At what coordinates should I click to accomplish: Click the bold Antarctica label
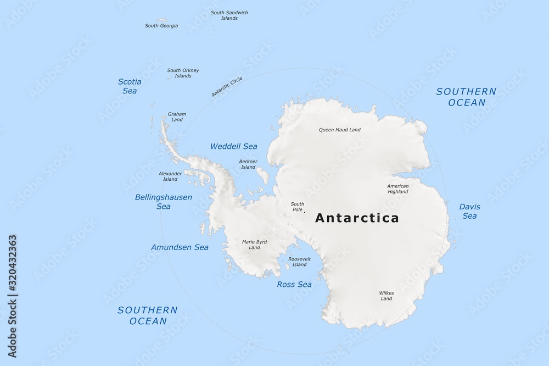[x=357, y=218]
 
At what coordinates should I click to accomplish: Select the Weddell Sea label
[x=234, y=146]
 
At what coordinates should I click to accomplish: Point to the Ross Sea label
[x=294, y=284]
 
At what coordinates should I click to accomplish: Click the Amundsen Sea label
[x=180, y=247]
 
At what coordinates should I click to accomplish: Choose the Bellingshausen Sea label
[x=164, y=202]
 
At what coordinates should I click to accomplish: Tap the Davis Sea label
[x=469, y=212]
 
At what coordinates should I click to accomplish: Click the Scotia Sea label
[x=130, y=86]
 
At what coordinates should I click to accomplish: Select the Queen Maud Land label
[x=340, y=130]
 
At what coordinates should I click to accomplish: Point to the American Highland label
[x=398, y=188]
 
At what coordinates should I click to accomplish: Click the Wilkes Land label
[x=386, y=296]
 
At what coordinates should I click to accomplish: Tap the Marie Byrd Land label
[x=254, y=244]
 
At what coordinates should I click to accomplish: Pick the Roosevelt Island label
[x=299, y=261]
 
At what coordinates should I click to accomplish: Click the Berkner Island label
[x=248, y=164]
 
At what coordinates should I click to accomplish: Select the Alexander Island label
[x=170, y=176]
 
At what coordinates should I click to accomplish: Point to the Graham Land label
[x=177, y=117]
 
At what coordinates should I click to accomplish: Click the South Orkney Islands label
[x=183, y=73]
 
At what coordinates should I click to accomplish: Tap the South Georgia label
[x=161, y=25]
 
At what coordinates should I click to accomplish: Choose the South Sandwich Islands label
[x=229, y=15]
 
